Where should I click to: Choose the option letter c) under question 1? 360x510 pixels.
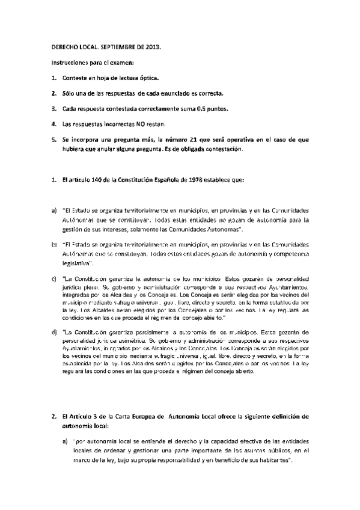54,279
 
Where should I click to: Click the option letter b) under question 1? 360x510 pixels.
54,245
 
